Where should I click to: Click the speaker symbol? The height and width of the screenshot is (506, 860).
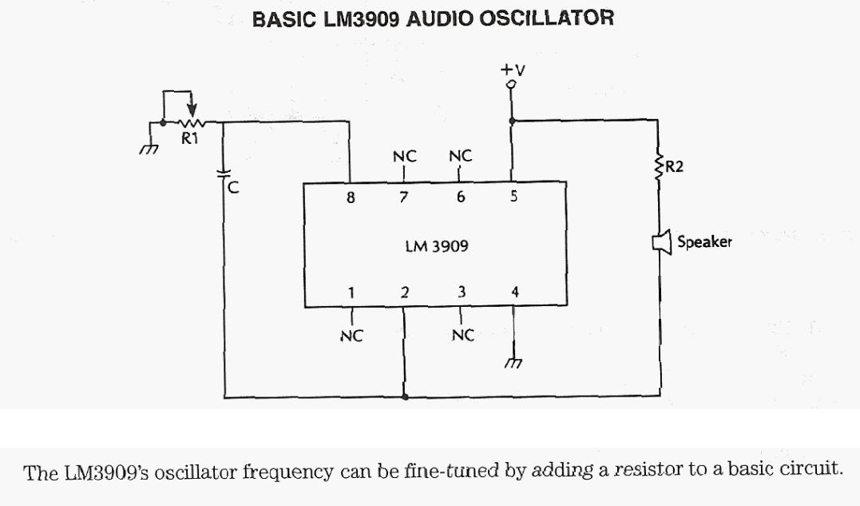tap(660, 242)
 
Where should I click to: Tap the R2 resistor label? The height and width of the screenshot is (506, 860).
tap(674, 168)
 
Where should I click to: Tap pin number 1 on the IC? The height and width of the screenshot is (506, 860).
tap(349, 292)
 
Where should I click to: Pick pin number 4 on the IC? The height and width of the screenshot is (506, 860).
tap(515, 292)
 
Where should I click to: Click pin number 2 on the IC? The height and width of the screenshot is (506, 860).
tap(405, 292)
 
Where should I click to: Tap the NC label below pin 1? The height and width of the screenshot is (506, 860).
tap(349, 336)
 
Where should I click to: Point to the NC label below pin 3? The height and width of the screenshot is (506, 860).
tap(462, 336)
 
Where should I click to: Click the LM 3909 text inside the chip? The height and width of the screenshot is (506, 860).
tap(437, 246)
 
